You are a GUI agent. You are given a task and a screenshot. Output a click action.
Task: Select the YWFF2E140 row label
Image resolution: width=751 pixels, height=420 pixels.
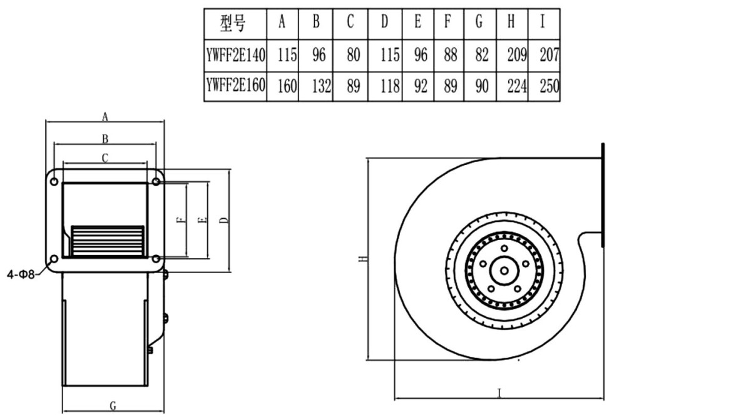[x=236, y=56]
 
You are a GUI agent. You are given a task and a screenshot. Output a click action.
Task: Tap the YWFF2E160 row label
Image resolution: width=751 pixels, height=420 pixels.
[x=236, y=86]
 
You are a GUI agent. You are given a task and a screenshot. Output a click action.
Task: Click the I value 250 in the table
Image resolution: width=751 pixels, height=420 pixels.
[x=548, y=86]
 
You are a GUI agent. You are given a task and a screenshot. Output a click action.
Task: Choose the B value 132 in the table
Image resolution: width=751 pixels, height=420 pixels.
[x=321, y=86]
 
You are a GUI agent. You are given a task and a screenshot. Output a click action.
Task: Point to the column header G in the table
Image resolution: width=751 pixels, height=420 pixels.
[x=479, y=23]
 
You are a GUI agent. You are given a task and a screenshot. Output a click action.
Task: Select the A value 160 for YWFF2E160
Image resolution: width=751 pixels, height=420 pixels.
[x=287, y=86]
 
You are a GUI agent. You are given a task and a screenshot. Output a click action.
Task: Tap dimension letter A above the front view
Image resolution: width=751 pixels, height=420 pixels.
[x=106, y=116]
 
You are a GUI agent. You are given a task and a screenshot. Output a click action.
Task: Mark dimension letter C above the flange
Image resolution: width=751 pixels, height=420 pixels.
[x=105, y=159]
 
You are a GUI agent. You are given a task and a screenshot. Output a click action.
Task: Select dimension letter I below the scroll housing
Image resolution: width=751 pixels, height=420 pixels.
[x=499, y=393]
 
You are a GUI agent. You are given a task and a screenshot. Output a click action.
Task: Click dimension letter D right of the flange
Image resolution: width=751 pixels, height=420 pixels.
[x=222, y=221]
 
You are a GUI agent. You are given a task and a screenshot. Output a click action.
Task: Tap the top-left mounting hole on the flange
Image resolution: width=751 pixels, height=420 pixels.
[x=54, y=182]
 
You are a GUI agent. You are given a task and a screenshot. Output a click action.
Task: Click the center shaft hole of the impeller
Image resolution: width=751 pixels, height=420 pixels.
[x=502, y=271]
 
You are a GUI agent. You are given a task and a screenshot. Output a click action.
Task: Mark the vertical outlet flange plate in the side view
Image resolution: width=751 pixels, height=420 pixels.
[x=604, y=194]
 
